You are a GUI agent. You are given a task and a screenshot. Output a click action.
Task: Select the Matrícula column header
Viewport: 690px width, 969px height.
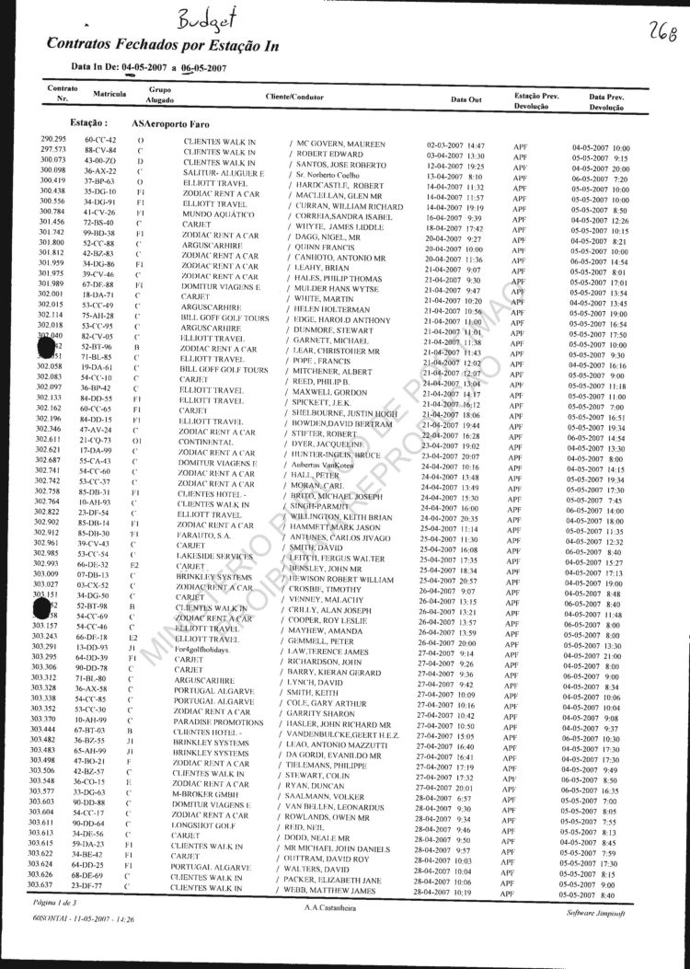(x=109, y=95)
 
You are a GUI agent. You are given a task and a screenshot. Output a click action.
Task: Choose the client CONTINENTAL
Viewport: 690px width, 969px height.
(x=211, y=442)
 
